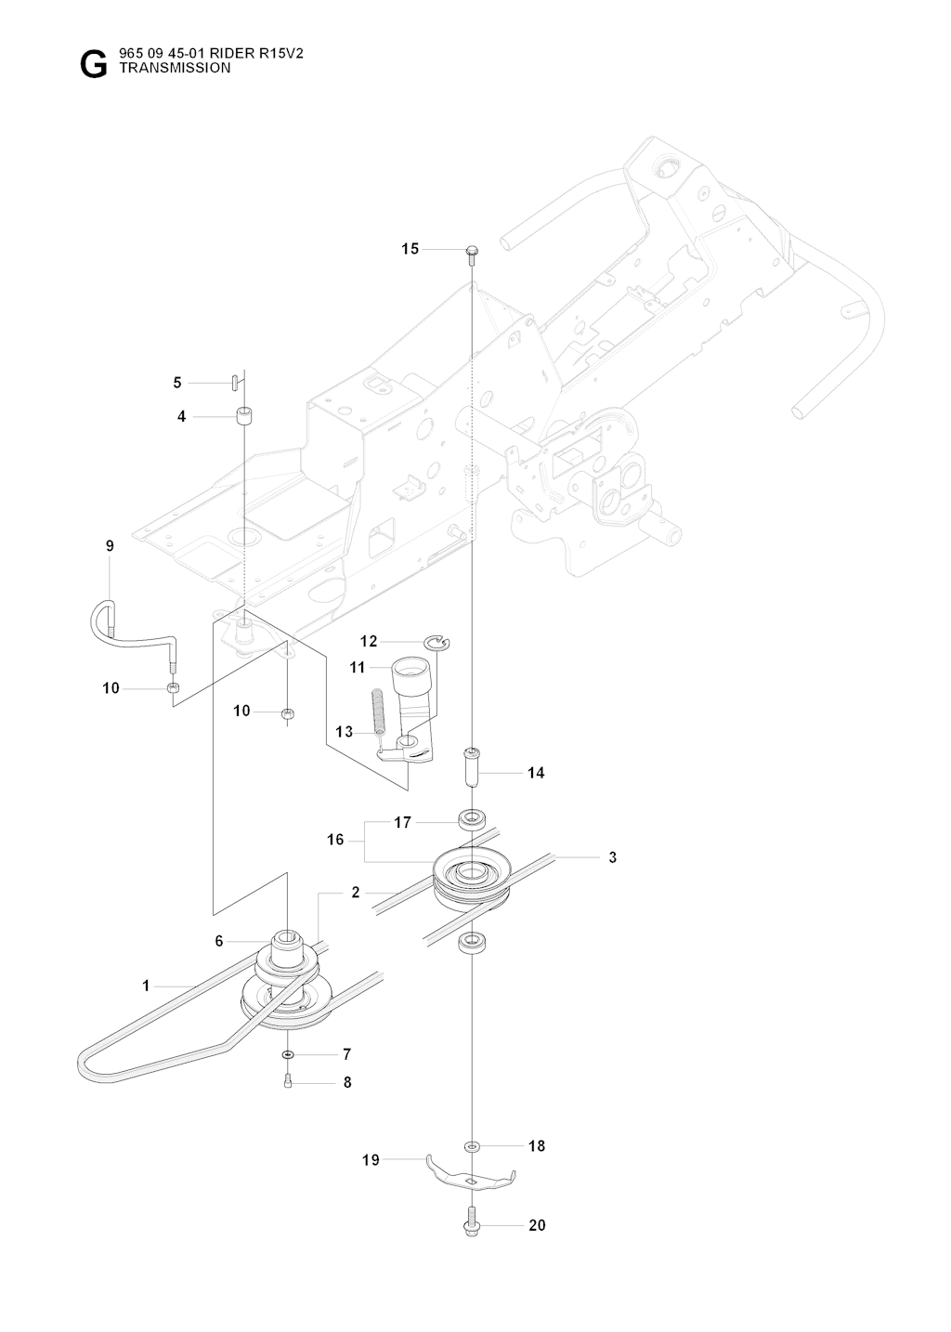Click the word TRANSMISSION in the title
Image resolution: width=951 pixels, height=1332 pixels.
175,68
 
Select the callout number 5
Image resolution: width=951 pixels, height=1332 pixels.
177,383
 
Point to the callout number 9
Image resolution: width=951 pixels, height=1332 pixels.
110,545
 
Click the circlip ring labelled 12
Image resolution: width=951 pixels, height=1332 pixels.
437,642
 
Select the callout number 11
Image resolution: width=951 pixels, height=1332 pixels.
357,667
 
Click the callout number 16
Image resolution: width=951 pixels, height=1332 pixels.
335,839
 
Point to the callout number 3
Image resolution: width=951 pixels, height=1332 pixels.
612,856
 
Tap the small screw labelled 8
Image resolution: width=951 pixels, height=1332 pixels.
288,1083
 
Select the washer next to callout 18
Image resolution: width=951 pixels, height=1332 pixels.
472,1146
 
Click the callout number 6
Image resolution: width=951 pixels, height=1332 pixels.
219,940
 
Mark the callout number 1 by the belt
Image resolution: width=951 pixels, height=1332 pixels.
146,986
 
